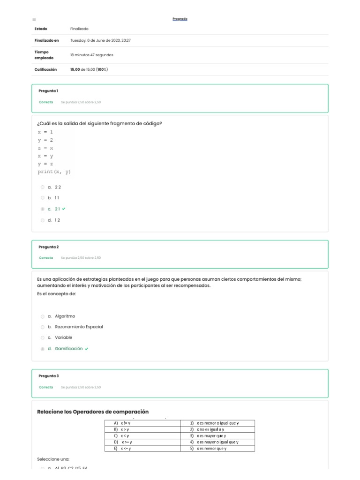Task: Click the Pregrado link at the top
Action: tap(180, 19)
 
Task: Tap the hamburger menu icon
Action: tap(34, 19)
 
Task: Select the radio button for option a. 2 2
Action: tap(43, 187)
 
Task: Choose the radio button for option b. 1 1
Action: tap(43, 198)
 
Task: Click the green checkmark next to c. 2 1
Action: tap(64, 209)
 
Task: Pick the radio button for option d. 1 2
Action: tap(43, 220)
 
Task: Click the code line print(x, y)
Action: tap(54, 172)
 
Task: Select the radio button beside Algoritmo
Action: tap(43, 316)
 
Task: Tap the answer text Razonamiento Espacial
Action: tap(79, 327)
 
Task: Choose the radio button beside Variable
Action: tap(43, 337)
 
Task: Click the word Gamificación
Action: tap(68, 349)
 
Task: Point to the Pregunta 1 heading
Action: tap(48, 90)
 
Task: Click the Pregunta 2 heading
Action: tap(48, 247)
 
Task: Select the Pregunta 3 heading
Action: tap(48, 376)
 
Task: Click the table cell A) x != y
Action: tap(142, 423)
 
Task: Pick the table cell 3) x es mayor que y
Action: tap(217, 435)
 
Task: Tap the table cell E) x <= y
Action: tap(142, 448)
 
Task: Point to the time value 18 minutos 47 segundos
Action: tap(91, 55)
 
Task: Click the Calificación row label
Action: tap(45, 69)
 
